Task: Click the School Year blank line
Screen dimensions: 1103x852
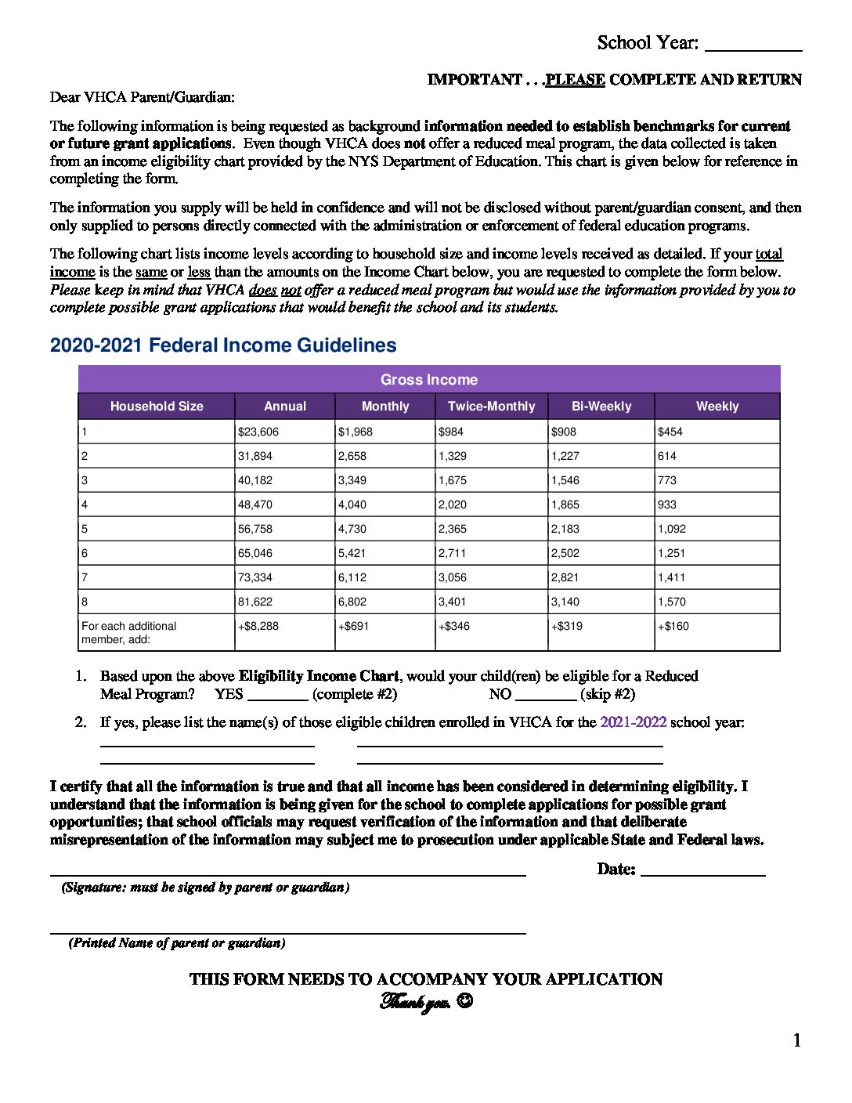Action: [x=753, y=49]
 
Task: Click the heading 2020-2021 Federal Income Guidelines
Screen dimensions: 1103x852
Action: [x=223, y=345]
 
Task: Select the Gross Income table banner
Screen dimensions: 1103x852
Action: [x=429, y=379]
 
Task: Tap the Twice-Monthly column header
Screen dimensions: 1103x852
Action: [x=491, y=406]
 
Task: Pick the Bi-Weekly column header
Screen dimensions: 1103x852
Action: [x=601, y=406]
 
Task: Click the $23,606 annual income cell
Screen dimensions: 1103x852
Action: [x=258, y=432]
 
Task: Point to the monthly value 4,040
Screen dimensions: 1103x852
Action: [x=352, y=504]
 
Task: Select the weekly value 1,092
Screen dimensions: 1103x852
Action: [x=672, y=529]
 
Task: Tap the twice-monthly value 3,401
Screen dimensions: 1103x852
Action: [x=453, y=602]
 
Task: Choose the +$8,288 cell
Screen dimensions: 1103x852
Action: [x=258, y=626]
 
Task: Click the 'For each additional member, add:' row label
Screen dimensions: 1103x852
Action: [x=129, y=632]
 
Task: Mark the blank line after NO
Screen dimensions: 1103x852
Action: [x=546, y=699]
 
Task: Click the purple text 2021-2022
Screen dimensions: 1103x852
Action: [x=633, y=722]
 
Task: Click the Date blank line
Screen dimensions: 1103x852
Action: [x=702, y=874]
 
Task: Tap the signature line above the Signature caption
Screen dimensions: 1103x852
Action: [x=287, y=874]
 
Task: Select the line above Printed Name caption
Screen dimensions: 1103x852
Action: [x=287, y=932]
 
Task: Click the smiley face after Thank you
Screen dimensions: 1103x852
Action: [x=464, y=1001]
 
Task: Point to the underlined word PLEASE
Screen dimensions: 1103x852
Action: [x=576, y=80]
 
